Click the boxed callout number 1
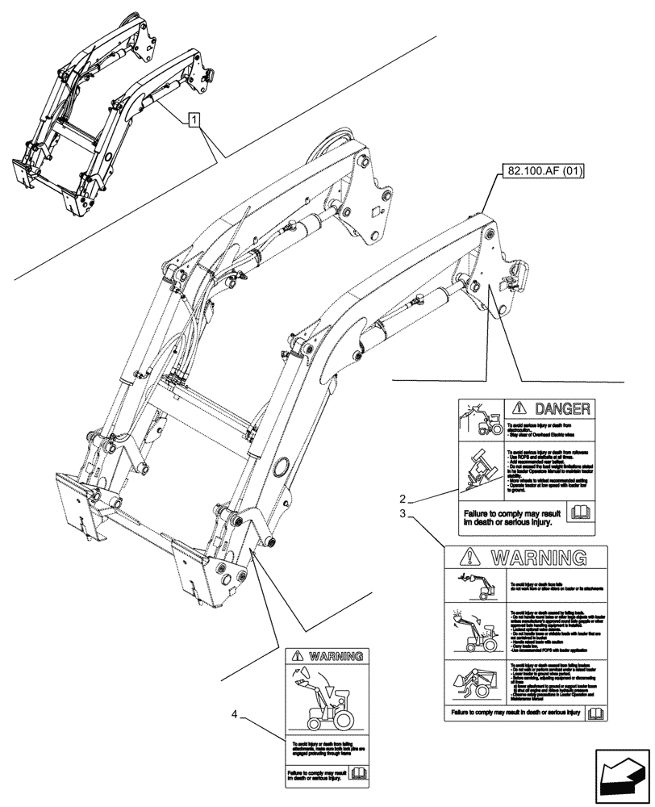(194, 121)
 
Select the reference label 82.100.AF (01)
(545, 170)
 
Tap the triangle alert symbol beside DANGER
(520, 408)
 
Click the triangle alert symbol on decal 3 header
(469, 557)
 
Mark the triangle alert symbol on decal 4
(299, 657)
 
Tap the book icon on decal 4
(357, 774)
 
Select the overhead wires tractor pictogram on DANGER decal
(480, 420)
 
